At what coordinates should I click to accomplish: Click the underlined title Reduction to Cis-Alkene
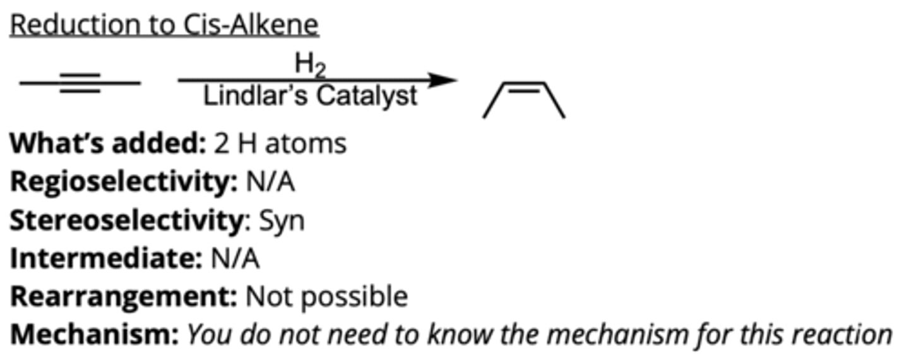[x=164, y=25]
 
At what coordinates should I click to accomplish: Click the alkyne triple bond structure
[x=80, y=83]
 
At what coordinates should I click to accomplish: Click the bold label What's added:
[x=107, y=144]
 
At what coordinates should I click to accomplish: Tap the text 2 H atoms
[x=280, y=144]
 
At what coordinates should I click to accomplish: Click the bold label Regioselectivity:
[x=122, y=183]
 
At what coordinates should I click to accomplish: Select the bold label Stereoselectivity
[x=126, y=221]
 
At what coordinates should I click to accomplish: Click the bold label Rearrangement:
[x=123, y=297]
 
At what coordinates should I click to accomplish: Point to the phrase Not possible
[x=326, y=297]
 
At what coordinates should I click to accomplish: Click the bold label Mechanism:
[x=94, y=335]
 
